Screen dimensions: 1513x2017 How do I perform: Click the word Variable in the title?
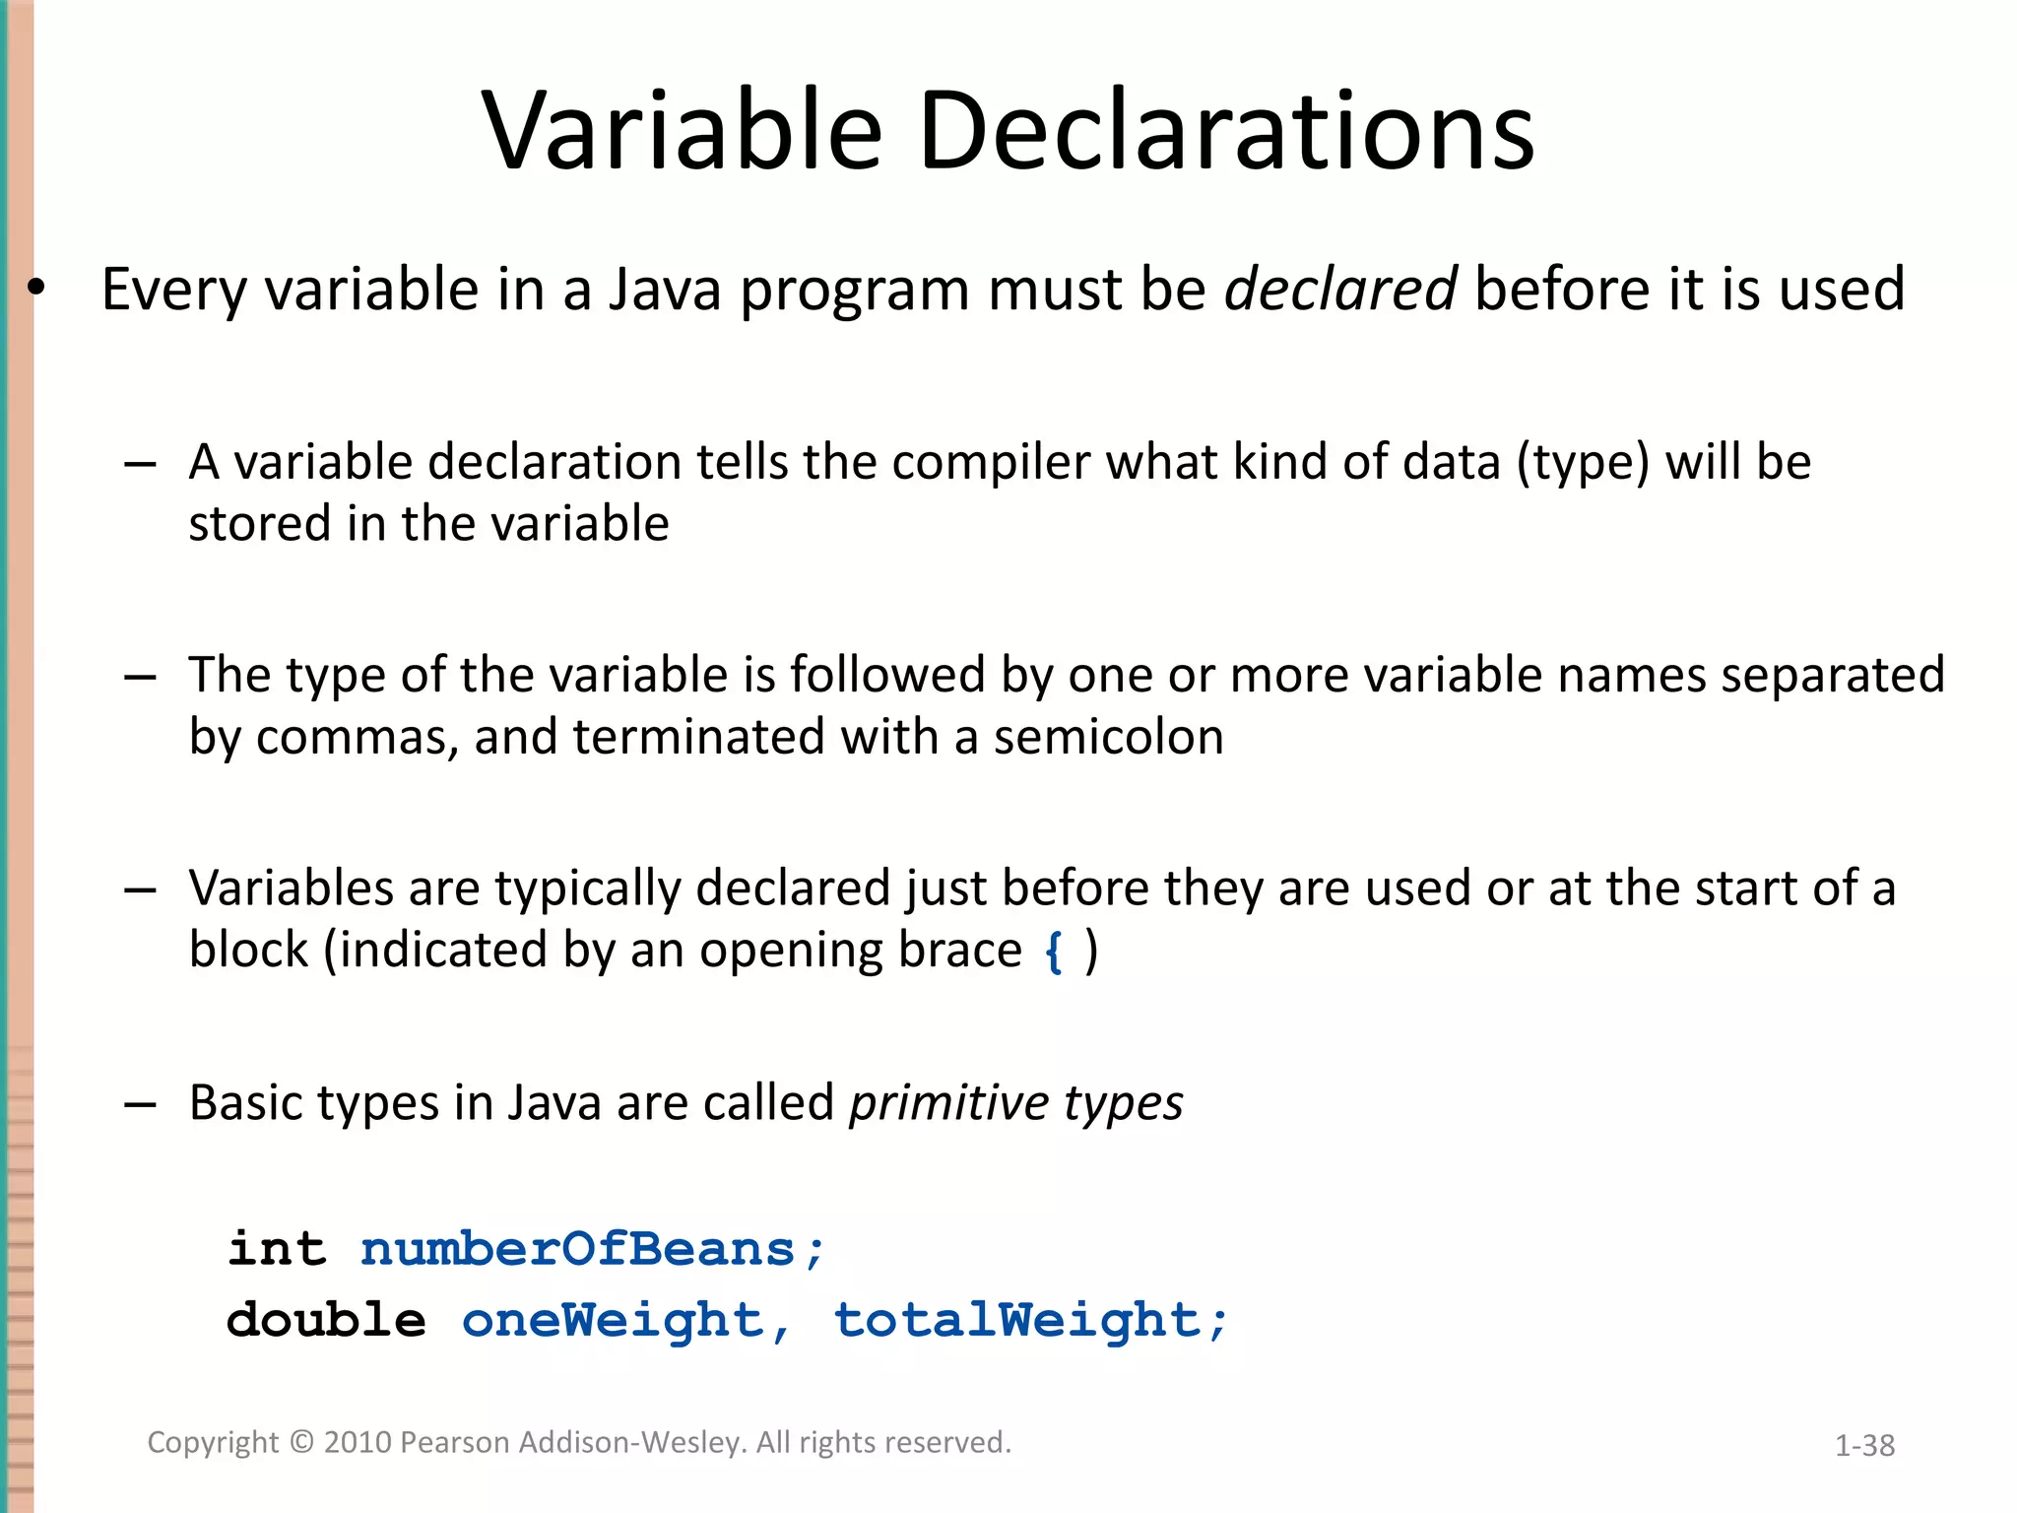click(682, 131)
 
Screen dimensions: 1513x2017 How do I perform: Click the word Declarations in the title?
click(1226, 131)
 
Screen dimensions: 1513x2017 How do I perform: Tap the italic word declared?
click(1339, 290)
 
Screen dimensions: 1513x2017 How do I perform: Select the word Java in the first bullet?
click(665, 290)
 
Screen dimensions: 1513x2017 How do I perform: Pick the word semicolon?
click(1108, 737)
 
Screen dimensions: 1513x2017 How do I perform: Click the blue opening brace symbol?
click(1054, 952)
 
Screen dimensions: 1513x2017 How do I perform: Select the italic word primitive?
click(935, 1103)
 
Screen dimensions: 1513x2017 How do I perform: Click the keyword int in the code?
click(277, 1249)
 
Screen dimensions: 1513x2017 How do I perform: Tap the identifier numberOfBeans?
click(578, 1249)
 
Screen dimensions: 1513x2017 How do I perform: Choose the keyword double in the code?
click(326, 1320)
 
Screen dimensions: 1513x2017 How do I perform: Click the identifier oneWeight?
click(613, 1320)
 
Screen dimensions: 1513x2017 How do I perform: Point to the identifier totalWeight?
click(1017, 1320)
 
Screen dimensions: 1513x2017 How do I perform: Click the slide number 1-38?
click(1864, 1445)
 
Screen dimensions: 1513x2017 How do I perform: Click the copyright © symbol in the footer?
click(301, 1442)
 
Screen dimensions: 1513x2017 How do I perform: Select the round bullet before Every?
click(37, 289)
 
